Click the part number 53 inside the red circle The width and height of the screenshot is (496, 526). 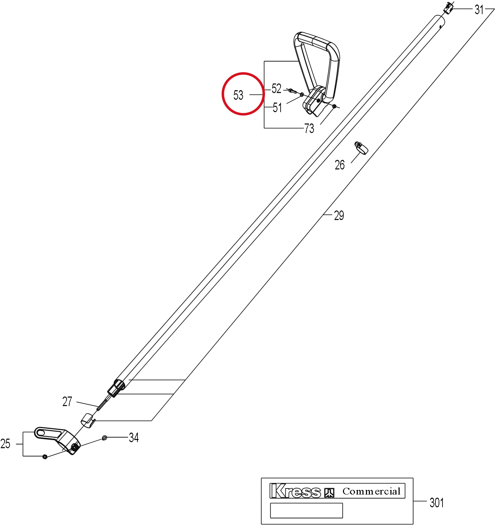point(238,95)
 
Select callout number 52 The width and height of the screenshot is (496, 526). point(276,88)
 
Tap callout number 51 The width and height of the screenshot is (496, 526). point(277,108)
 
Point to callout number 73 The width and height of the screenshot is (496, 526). point(309,128)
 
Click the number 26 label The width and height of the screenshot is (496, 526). point(340,165)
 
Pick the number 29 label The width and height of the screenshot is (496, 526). point(339,215)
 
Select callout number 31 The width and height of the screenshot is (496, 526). point(479,10)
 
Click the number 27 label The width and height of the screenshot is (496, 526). point(67,401)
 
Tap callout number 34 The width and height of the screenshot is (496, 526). point(134,438)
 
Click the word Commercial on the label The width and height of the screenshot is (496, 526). point(371,491)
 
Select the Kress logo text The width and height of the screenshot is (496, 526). point(295,491)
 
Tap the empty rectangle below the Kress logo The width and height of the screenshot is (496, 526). point(306,511)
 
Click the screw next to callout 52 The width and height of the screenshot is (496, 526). point(292,91)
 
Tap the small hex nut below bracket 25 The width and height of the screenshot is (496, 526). point(45,457)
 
